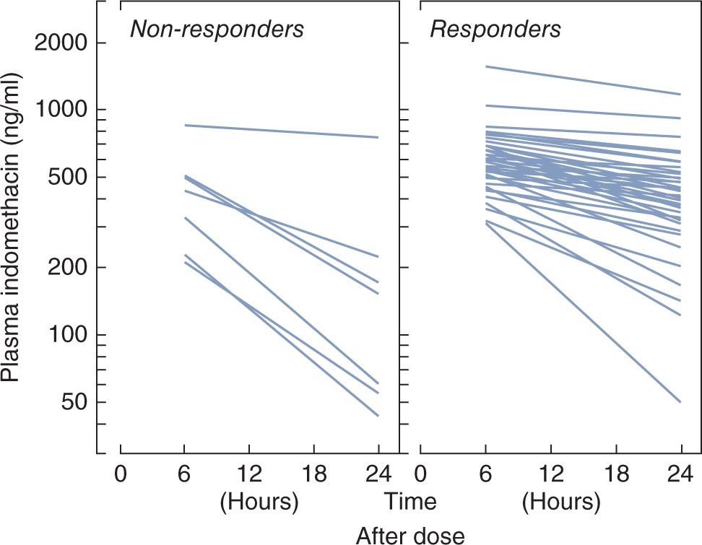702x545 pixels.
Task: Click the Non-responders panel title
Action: coord(217,30)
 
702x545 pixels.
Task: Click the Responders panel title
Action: coord(495,30)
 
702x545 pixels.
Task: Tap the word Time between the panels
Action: coord(410,501)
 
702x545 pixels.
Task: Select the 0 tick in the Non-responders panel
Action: coord(120,475)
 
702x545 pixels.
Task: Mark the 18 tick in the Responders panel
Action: coord(615,475)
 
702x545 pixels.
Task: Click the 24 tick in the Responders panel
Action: coord(679,475)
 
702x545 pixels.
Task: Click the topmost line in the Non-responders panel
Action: coord(282,131)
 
